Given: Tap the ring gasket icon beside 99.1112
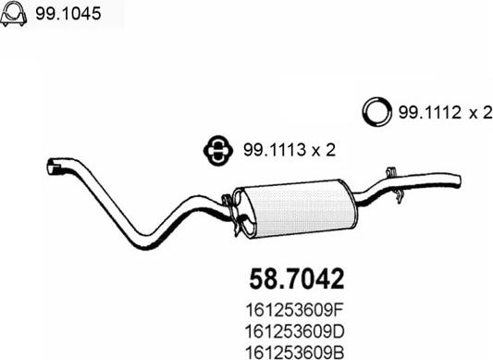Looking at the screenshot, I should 376,112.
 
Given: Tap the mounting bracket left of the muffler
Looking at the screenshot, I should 228,201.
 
